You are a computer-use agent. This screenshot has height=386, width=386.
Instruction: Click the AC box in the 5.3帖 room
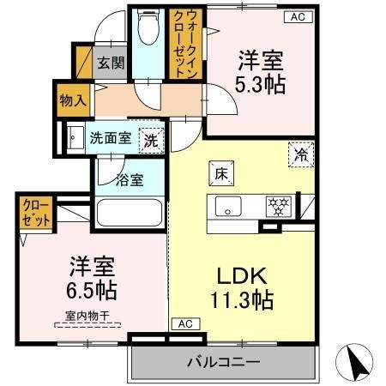(x=297, y=16)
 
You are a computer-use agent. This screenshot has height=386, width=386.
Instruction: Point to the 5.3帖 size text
(x=262, y=86)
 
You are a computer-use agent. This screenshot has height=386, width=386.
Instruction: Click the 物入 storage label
(x=72, y=100)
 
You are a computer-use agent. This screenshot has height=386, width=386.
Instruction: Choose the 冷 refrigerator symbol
(x=301, y=154)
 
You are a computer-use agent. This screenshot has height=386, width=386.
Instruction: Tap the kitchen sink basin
(x=229, y=207)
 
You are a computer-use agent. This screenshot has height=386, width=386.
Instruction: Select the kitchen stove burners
(x=278, y=207)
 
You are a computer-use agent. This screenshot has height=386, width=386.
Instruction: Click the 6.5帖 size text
(x=87, y=289)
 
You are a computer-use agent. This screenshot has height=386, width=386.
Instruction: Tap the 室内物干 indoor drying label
(x=87, y=316)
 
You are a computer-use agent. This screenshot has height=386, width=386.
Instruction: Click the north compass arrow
(x=362, y=361)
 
